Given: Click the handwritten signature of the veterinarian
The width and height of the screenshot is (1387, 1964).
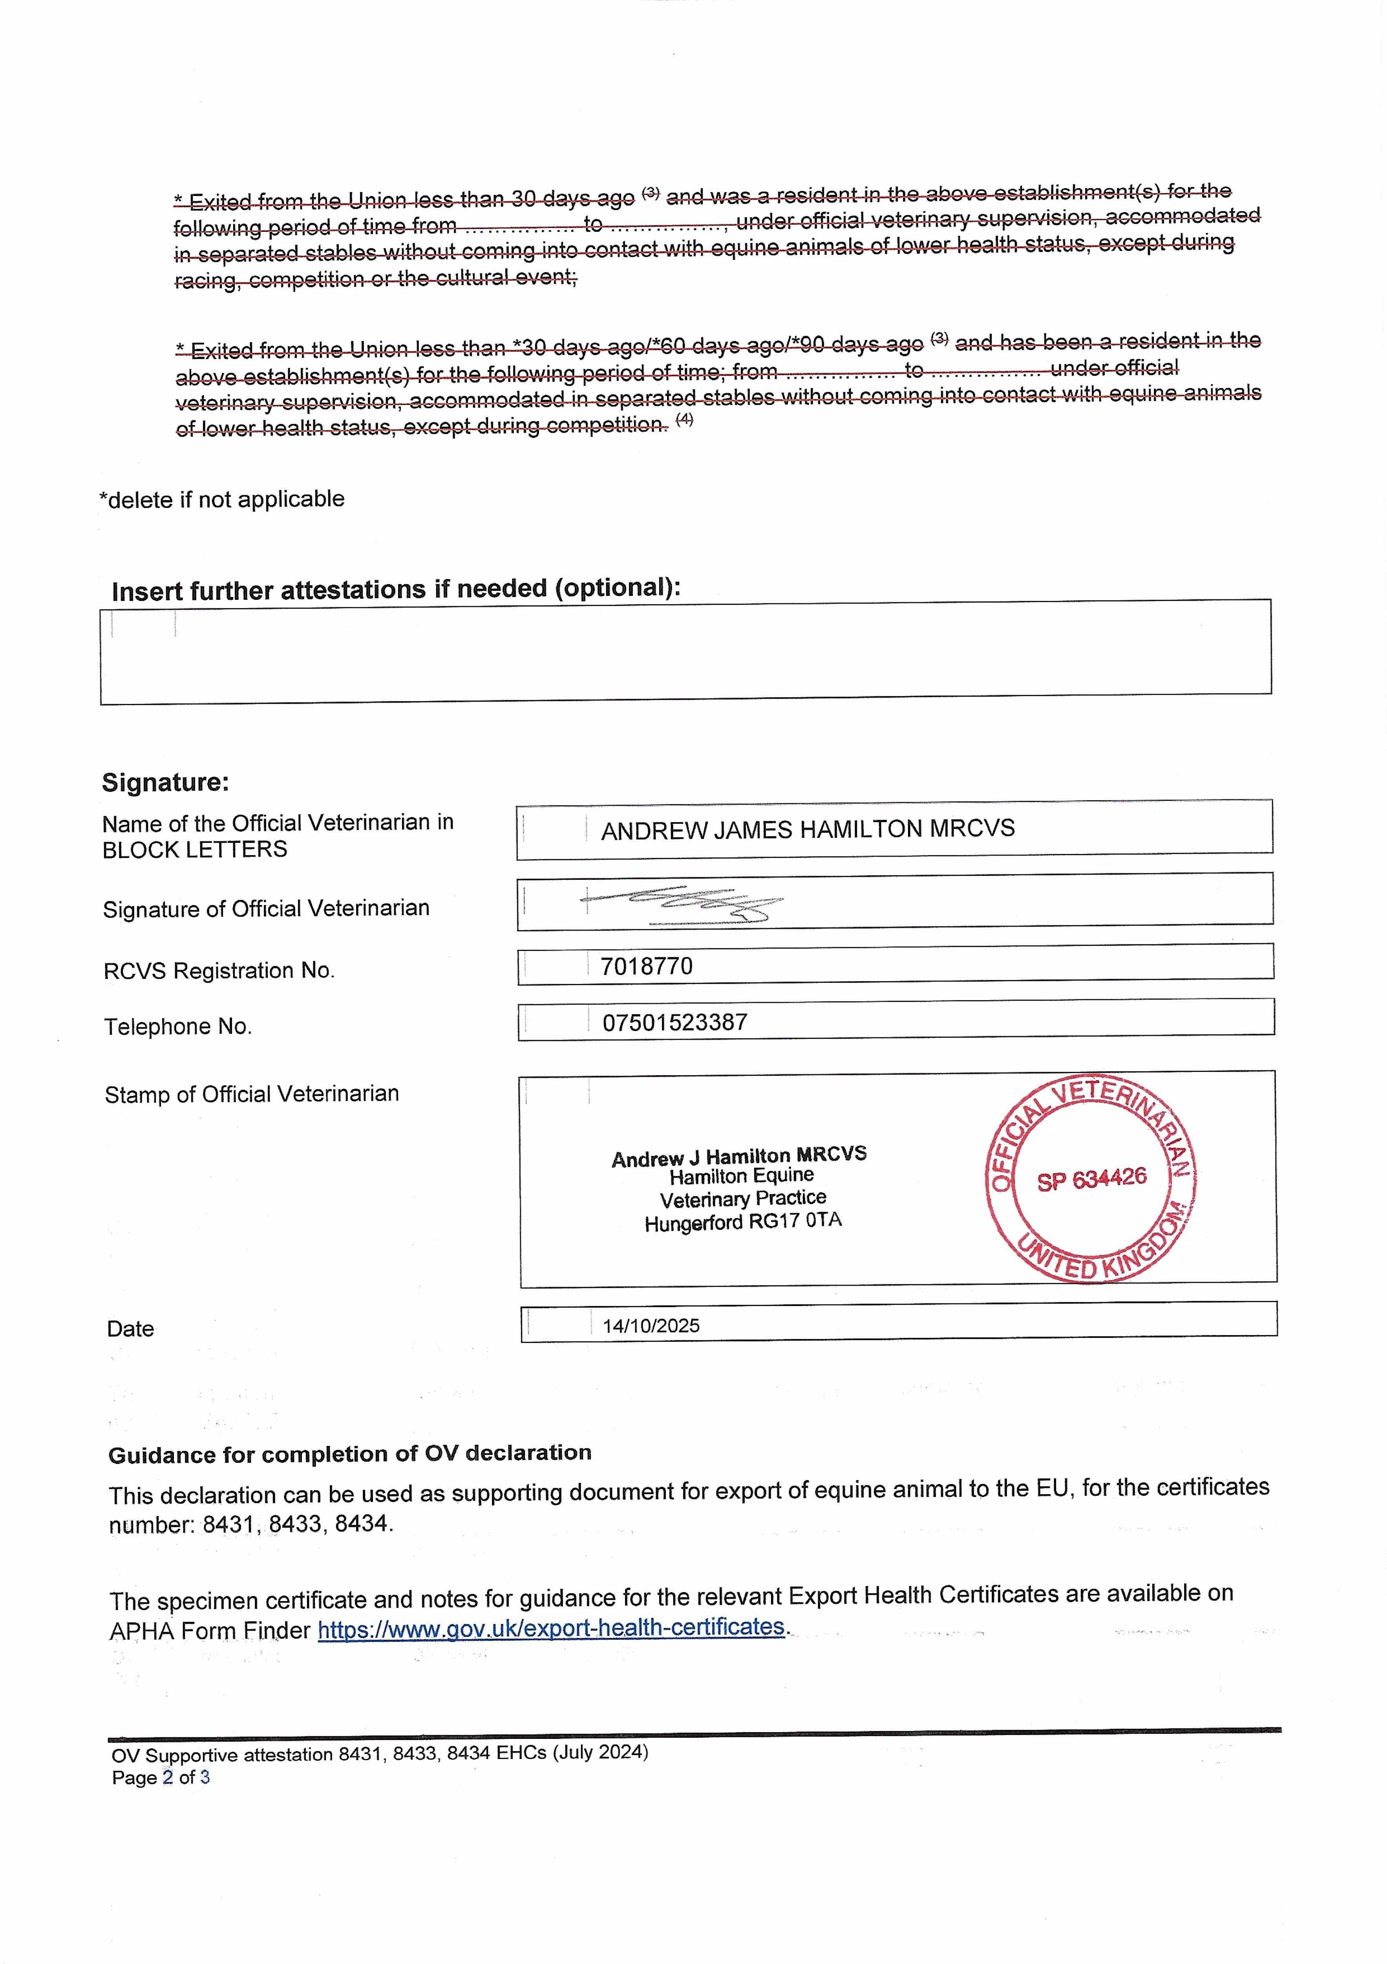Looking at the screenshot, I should pyautogui.click(x=684, y=903).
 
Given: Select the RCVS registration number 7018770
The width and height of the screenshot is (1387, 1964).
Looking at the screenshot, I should pyautogui.click(x=647, y=967).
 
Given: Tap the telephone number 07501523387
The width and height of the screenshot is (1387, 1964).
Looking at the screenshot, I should pyautogui.click(x=675, y=1022).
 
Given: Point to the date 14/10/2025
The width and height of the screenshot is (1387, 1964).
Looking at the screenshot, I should pyautogui.click(x=651, y=1326).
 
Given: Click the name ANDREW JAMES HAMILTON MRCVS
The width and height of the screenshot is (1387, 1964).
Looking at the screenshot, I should pyautogui.click(x=807, y=829).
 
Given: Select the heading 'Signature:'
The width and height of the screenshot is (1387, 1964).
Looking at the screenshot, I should pyautogui.click(x=165, y=782).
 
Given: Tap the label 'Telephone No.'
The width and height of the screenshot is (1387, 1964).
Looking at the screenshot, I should pyautogui.click(x=178, y=1026).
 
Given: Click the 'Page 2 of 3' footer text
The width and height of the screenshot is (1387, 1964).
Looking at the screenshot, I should pyautogui.click(x=161, y=1777).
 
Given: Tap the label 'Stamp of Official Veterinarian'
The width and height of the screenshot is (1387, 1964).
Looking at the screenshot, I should pyautogui.click(x=251, y=1094).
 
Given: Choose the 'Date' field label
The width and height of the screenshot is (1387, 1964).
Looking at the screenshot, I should pyautogui.click(x=130, y=1328).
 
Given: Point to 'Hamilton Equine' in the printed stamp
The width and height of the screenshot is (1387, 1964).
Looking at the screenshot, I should pyautogui.click(x=741, y=1177).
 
